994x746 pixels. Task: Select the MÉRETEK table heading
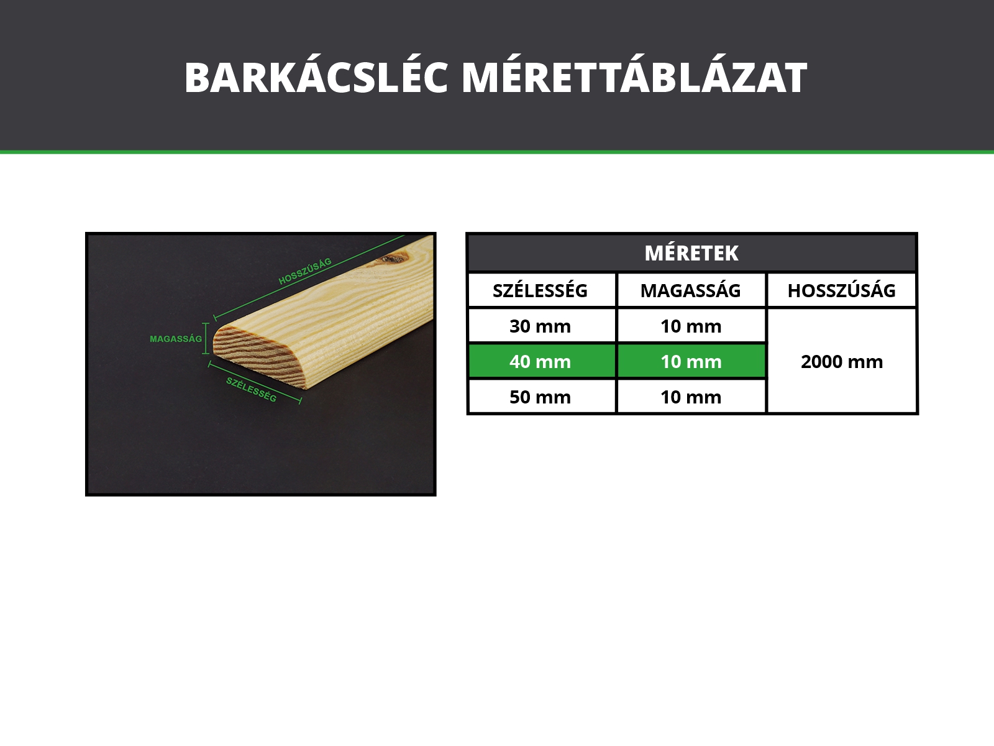click(x=691, y=253)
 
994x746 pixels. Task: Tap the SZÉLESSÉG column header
click(x=540, y=290)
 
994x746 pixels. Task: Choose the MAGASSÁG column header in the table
click(x=691, y=290)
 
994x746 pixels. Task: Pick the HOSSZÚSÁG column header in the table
click(x=841, y=290)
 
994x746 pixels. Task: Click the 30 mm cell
click(x=540, y=326)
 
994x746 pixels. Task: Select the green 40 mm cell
click(x=540, y=361)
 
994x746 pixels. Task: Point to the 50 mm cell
click(x=540, y=397)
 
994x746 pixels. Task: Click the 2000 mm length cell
click(x=842, y=361)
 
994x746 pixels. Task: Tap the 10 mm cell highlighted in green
click(x=691, y=361)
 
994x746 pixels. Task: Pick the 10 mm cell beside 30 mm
click(x=691, y=326)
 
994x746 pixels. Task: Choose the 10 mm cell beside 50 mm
click(x=691, y=397)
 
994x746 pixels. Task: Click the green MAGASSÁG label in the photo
click(x=176, y=339)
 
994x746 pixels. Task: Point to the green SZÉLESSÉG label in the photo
click(x=252, y=390)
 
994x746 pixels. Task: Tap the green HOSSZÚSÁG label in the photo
click(x=305, y=271)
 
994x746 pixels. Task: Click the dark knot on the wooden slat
click(x=394, y=259)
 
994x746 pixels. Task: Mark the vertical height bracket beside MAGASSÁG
click(x=206, y=338)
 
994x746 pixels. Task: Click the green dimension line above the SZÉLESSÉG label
click(x=255, y=382)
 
